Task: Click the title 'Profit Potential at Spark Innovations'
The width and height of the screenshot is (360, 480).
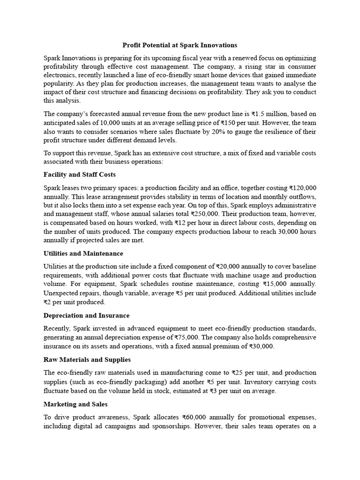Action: (x=180, y=45)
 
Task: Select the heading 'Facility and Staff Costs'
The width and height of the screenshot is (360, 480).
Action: (x=79, y=175)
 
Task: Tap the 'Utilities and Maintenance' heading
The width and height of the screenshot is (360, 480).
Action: (x=82, y=254)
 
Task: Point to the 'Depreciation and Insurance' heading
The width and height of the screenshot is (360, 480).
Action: (x=86, y=315)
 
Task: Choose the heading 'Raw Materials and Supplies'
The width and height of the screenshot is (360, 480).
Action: (x=87, y=360)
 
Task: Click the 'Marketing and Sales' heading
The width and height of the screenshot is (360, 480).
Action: (x=74, y=404)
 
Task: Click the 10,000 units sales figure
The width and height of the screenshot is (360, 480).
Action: (x=118, y=123)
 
